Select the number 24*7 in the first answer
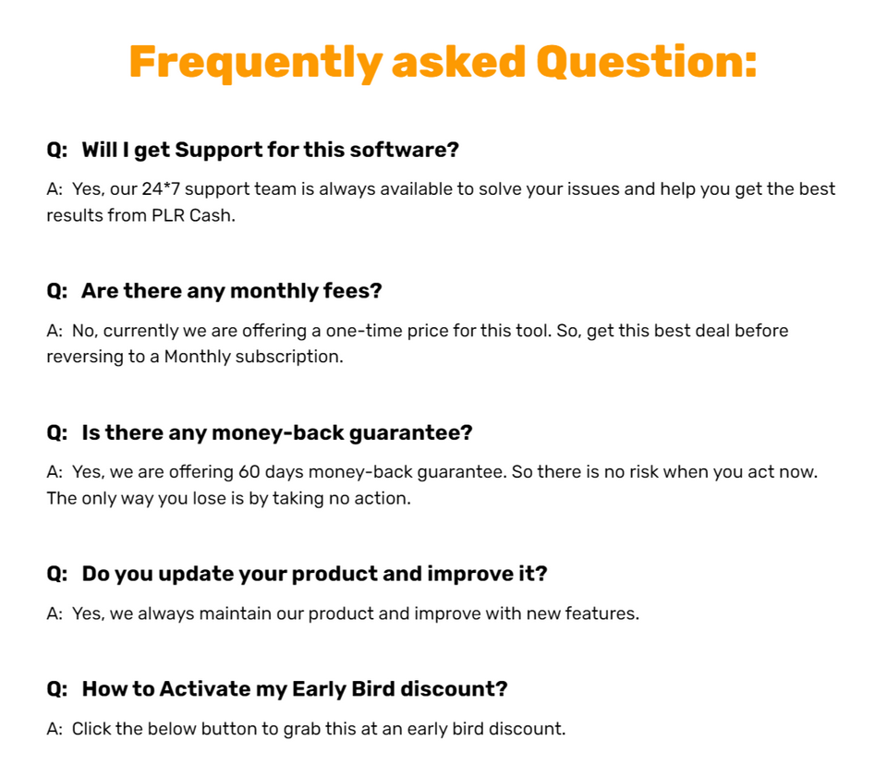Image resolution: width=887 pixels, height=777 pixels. (x=162, y=189)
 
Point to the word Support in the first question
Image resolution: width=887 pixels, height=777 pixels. (x=218, y=150)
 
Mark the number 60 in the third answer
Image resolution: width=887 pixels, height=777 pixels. (x=249, y=472)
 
